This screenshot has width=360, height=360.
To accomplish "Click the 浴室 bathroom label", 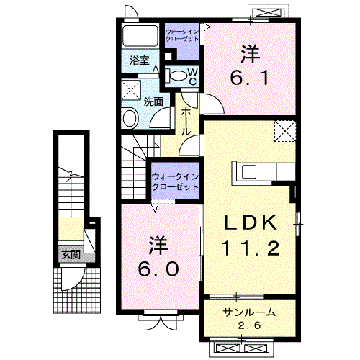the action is click(x=140, y=60).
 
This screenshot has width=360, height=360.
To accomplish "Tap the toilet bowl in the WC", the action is click(x=178, y=76).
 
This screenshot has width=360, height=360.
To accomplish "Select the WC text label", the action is click(x=192, y=77).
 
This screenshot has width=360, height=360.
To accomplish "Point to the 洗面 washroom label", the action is click(x=153, y=102).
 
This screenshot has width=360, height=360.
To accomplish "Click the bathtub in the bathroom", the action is click(x=140, y=35).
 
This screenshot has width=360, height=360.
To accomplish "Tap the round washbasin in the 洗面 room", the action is click(x=130, y=118).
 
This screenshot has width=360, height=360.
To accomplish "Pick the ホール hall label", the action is click(x=186, y=121).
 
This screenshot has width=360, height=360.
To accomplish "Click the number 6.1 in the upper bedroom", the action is click(x=250, y=78).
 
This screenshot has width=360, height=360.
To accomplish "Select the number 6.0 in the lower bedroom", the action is click(x=158, y=269).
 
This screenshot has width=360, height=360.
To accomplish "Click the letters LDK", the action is click(x=250, y=222).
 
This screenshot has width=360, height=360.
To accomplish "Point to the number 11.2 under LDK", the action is click(x=251, y=248).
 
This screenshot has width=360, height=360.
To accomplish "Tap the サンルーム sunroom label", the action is click(x=249, y=312).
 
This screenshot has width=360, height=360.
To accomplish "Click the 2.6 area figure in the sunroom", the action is click(x=249, y=325).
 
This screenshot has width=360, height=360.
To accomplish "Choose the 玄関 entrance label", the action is click(x=71, y=255).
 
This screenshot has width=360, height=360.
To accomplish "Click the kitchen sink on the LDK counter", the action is click(x=249, y=172).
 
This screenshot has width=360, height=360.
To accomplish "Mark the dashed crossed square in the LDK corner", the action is click(x=285, y=131).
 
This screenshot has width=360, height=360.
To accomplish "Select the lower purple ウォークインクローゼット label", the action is click(x=176, y=181).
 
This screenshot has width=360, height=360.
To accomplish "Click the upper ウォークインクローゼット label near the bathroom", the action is click(x=182, y=35).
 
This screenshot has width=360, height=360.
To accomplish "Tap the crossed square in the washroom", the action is click(x=131, y=90).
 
